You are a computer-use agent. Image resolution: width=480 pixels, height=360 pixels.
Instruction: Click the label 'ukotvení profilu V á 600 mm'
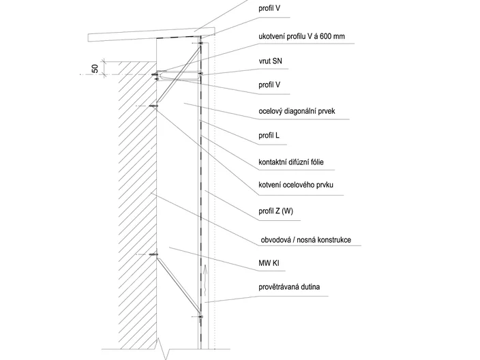coord(301,36)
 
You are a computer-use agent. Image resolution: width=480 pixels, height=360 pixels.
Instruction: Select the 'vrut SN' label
coord(270,61)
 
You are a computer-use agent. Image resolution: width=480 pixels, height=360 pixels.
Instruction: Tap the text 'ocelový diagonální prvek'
coord(297,111)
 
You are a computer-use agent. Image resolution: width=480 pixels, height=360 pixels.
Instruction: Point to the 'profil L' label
coord(269,135)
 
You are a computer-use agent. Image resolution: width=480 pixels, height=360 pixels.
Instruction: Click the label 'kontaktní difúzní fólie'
coord(291,162)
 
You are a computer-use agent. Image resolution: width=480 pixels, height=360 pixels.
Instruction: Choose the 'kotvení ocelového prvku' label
coord(296,185)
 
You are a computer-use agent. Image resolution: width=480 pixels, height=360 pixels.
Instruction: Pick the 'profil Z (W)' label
coord(275,211)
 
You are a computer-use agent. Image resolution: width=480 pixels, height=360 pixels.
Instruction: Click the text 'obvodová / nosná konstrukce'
coord(306,240)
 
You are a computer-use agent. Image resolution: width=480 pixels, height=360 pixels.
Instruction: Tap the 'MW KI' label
coord(269,263)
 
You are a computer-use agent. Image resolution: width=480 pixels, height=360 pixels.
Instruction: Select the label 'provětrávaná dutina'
coord(289,287)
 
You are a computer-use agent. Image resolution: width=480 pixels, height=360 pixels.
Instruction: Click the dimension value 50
coord(95,68)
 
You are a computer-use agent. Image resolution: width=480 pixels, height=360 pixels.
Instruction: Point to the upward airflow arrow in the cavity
coord(205,280)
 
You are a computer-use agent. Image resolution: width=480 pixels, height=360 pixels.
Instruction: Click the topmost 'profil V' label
coord(269,8)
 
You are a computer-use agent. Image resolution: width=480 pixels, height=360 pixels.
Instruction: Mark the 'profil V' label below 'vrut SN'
coord(269,85)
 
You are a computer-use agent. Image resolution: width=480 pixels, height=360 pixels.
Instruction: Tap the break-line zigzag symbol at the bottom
coord(162,348)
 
